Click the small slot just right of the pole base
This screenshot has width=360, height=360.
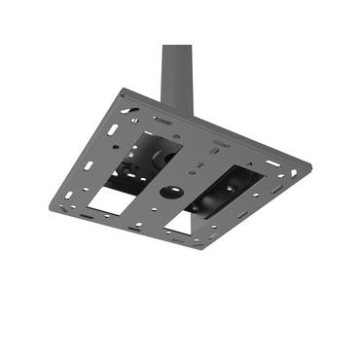[x=221, y=145]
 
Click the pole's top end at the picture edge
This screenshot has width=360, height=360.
[x=176, y=45]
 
